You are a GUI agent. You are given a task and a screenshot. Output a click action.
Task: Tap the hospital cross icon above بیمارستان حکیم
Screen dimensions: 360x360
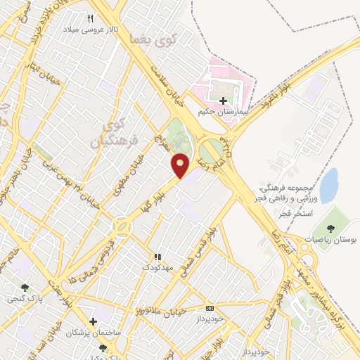point(224,101)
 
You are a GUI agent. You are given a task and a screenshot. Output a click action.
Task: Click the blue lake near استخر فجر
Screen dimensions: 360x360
point(328,186)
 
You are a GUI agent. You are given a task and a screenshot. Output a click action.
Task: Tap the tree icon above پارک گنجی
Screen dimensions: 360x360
point(25,287)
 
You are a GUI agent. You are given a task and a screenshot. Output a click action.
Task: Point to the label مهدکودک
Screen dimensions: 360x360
point(156,268)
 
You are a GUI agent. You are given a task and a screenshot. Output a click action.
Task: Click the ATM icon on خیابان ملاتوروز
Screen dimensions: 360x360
point(210,308)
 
